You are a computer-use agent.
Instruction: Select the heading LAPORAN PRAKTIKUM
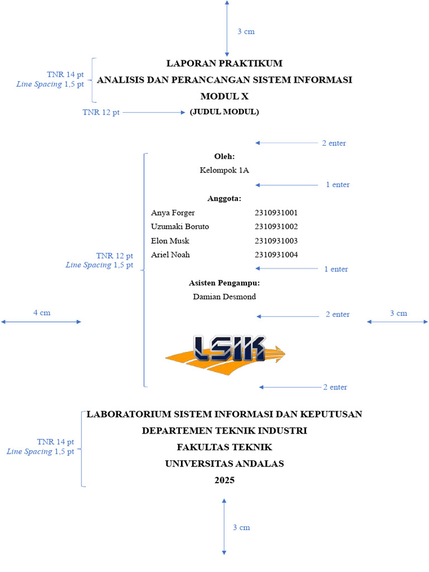(x=225, y=63)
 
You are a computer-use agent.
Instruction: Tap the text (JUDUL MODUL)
(x=224, y=112)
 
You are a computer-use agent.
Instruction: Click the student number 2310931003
(x=276, y=241)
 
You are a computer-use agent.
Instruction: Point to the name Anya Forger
(x=173, y=213)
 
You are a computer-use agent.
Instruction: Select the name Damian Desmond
(x=225, y=297)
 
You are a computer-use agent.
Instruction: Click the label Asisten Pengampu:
(x=225, y=283)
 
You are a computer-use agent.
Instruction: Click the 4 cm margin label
(x=42, y=313)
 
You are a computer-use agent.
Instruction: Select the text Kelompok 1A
(x=225, y=170)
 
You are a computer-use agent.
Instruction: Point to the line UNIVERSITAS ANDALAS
(x=225, y=464)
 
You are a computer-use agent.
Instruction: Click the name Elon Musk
(x=170, y=241)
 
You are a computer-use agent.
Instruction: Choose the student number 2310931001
(x=276, y=213)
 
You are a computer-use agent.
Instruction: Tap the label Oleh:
(x=225, y=156)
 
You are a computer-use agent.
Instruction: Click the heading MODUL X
(x=225, y=97)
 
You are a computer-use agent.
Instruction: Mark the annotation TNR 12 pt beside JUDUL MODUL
(x=101, y=112)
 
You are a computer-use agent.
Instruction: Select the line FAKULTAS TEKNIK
(x=225, y=447)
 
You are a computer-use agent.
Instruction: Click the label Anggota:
(x=225, y=198)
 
